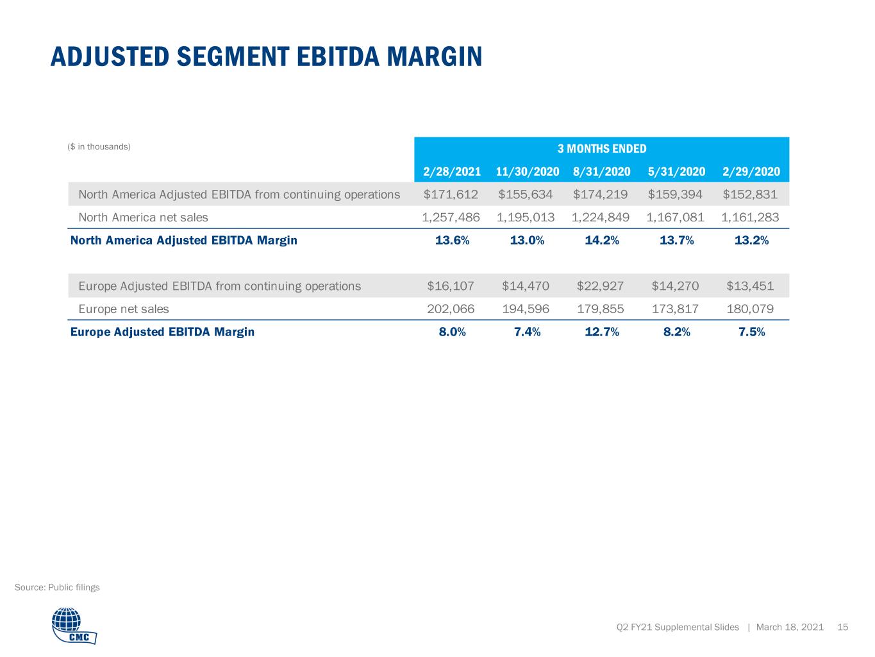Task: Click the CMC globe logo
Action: (74, 625)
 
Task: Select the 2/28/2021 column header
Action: (452, 171)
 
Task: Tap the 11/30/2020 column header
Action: (527, 171)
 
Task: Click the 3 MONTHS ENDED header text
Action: (601, 149)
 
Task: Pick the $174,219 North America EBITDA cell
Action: (600, 194)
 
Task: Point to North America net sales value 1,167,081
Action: (675, 218)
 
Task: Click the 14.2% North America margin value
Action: (601, 240)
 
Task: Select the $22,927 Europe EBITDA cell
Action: (600, 286)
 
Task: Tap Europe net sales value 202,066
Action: (451, 309)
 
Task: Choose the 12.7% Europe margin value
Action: (601, 332)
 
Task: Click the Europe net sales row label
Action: (124, 309)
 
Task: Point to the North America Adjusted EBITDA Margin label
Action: (184, 240)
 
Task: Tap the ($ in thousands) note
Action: (99, 147)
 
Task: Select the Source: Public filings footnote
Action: (57, 587)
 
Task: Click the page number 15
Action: (843, 627)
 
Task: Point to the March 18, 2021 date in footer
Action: (790, 627)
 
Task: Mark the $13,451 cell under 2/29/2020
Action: (750, 286)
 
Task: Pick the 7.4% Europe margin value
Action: (527, 332)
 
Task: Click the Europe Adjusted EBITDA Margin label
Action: (162, 332)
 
